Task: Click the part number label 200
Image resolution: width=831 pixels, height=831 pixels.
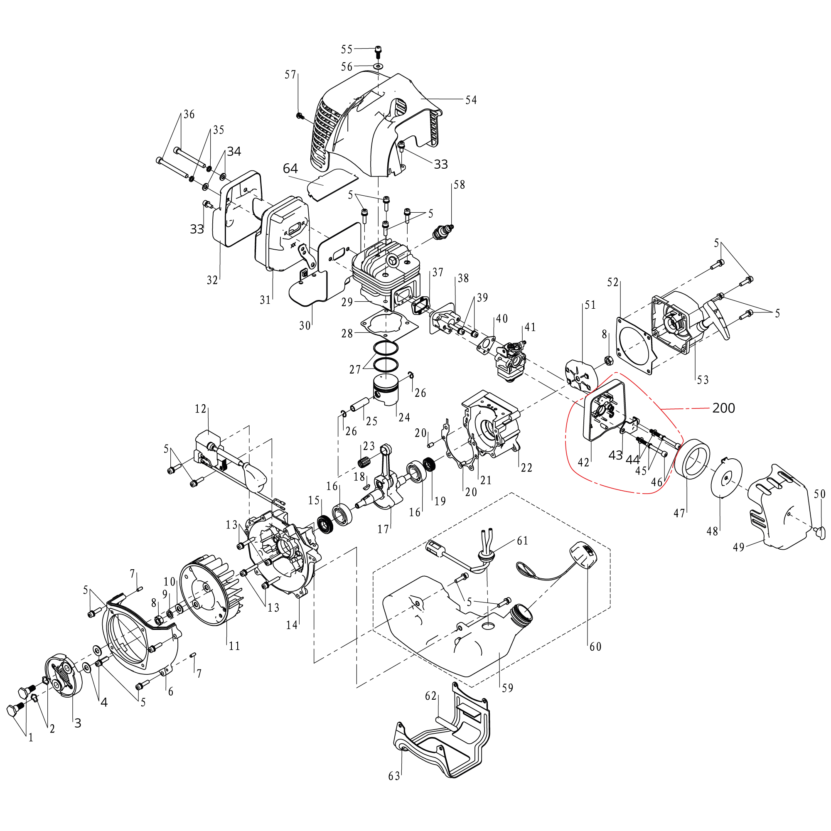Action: (x=723, y=408)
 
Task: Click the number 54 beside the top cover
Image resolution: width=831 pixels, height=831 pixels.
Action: (x=471, y=100)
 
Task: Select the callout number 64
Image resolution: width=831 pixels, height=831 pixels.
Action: (x=290, y=168)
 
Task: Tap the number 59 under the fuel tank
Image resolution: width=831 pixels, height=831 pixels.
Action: (x=508, y=688)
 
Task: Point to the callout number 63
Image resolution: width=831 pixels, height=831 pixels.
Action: (x=394, y=776)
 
